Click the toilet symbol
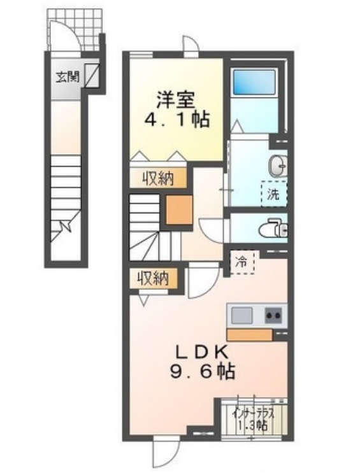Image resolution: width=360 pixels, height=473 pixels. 275,227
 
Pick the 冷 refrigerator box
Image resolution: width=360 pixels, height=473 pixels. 243,261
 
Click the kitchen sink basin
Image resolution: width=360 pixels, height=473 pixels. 242,315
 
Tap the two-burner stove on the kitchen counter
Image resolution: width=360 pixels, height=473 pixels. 273,315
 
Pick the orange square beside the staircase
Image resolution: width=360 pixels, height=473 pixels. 179,211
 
